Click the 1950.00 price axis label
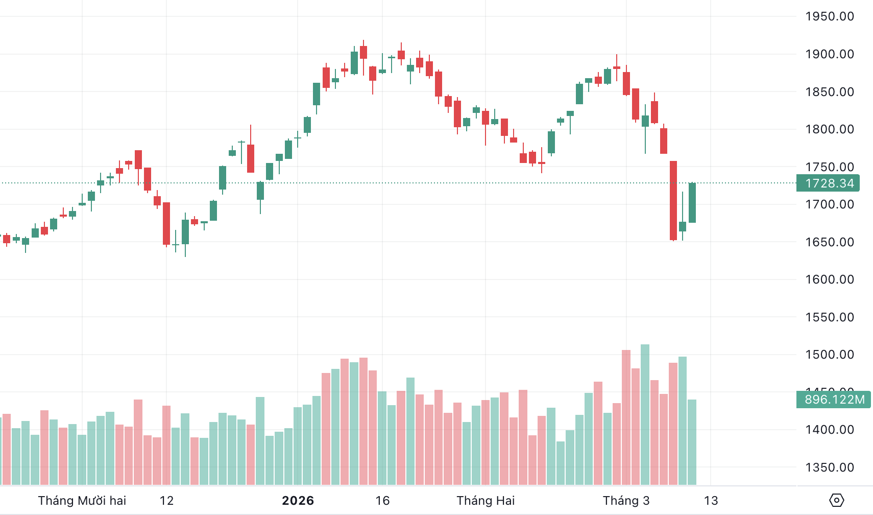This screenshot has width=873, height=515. pyautogui.click(x=829, y=16)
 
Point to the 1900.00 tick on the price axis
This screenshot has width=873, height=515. pyautogui.click(x=829, y=54)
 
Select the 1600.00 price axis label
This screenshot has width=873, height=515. pyautogui.click(x=829, y=279)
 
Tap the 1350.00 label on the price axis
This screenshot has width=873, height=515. pyautogui.click(x=829, y=467)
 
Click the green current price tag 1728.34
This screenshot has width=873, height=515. pyautogui.click(x=828, y=183)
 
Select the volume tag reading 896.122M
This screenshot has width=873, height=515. pyautogui.click(x=834, y=400)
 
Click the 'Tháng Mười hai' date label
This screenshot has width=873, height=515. pyautogui.click(x=82, y=501)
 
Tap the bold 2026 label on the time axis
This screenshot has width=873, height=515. pyautogui.click(x=298, y=501)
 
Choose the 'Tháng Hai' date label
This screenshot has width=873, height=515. pyautogui.click(x=486, y=501)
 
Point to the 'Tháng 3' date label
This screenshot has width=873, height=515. pyautogui.click(x=626, y=501)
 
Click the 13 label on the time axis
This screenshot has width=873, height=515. pyautogui.click(x=711, y=501)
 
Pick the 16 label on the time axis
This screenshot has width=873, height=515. pyautogui.click(x=382, y=501)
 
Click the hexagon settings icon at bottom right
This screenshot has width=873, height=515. pyautogui.click(x=837, y=500)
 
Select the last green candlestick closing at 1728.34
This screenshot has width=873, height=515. pyautogui.click(x=692, y=202)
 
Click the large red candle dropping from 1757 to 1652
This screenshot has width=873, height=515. pyautogui.click(x=673, y=200)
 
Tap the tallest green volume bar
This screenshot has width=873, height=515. pyautogui.click(x=645, y=414)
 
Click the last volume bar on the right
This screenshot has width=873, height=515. pyautogui.click(x=692, y=442)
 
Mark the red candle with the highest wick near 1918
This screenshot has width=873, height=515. pyautogui.click(x=363, y=52)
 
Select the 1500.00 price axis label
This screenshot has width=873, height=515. pyautogui.click(x=829, y=355)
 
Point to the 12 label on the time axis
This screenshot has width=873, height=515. pyautogui.click(x=166, y=501)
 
